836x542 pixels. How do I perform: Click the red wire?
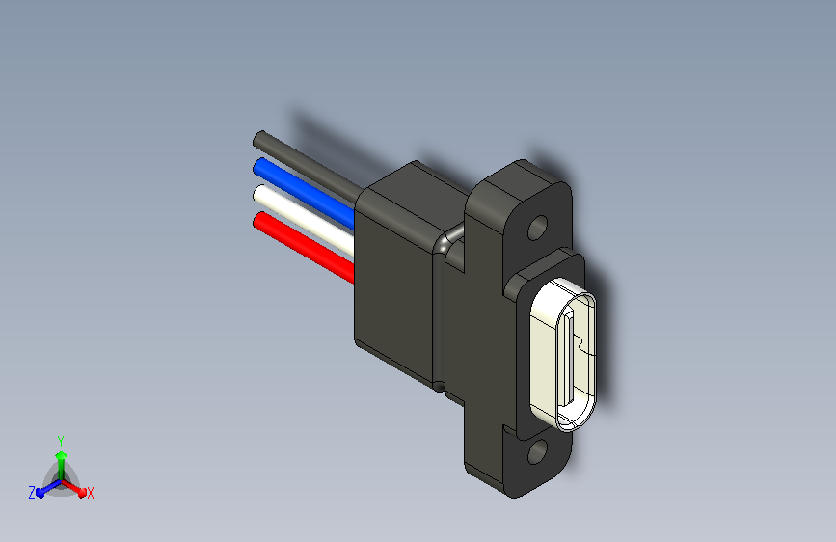coord(304,248)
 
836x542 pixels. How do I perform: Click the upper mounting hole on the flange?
coord(537,229)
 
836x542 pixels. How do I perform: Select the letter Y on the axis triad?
coord(60,439)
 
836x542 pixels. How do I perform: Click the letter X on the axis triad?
coord(90,493)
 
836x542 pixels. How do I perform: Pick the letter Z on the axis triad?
coord(32,492)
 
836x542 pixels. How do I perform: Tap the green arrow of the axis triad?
coord(61,458)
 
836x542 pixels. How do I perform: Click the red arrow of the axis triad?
coord(76,488)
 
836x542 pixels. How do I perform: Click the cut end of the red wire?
coord(257,221)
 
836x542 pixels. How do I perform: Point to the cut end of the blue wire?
coord(258,167)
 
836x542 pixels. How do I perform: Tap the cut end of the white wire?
coord(258,194)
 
